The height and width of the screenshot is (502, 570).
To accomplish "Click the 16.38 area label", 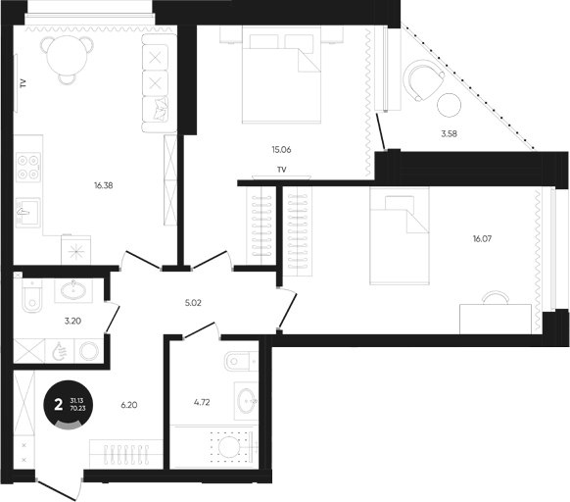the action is click(104, 185).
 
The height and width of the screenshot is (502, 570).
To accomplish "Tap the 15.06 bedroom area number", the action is click(281, 150).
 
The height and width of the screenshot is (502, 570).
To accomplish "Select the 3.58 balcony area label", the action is click(449, 134).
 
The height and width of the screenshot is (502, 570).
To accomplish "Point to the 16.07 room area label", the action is click(483, 239).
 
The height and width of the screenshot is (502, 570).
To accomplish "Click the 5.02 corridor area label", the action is click(193, 303).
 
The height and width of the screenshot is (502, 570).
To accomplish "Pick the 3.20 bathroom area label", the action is click(72, 321).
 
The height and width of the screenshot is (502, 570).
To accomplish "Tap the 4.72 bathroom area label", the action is click(202, 403).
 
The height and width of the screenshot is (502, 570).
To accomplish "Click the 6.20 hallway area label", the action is click(129, 405).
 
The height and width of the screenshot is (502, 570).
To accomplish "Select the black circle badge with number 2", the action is click(68, 404).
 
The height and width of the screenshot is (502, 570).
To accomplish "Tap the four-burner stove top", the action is click(28, 168).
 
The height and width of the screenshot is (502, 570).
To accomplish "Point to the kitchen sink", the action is click(28, 213).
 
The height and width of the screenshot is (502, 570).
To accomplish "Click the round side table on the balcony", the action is click(449, 105).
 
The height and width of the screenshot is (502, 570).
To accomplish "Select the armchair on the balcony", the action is click(425, 80).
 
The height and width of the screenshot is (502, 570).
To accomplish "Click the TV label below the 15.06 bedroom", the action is click(282, 170).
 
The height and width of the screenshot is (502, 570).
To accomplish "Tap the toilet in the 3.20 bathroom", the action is click(31, 295).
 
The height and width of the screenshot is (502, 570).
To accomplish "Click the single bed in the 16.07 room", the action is click(400, 235).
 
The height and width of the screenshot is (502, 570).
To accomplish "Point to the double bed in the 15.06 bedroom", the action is click(282, 75).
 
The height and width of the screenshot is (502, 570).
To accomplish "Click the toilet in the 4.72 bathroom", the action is click(241, 362).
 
